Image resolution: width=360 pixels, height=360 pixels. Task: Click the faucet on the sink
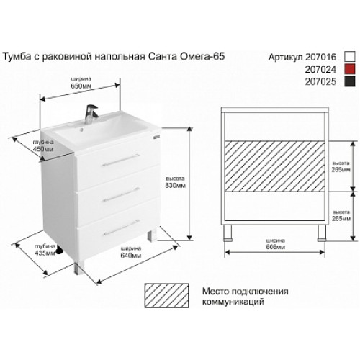pyautogui.click(x=91, y=114)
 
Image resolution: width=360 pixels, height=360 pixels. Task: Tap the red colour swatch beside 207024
pyautogui.click(x=349, y=70)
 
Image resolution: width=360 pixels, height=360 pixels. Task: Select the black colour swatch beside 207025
pyautogui.click(x=349, y=81)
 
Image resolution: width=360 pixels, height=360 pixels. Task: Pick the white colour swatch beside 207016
pyautogui.click(x=349, y=57)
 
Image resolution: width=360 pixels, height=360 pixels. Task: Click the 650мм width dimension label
pyautogui.click(x=81, y=86)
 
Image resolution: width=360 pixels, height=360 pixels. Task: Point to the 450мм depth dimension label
pyautogui.click(x=43, y=149)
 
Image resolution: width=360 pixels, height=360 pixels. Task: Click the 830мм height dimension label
pyautogui.click(x=175, y=186)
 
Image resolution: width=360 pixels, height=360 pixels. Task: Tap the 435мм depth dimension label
pyautogui.click(x=45, y=253)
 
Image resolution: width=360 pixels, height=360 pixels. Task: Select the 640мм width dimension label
pyautogui.click(x=131, y=256)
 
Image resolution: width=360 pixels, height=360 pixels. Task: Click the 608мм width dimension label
pyautogui.click(x=276, y=247)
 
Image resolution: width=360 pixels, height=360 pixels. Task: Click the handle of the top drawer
pyautogui.click(x=121, y=160)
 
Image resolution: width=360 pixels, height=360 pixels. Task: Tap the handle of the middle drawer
pyautogui.click(x=121, y=194)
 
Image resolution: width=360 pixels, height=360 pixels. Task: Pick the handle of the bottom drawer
pyautogui.click(x=121, y=227)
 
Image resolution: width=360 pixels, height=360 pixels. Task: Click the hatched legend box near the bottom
pyautogui.click(x=166, y=295)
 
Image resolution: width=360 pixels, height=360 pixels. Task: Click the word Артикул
pyautogui.click(x=286, y=58)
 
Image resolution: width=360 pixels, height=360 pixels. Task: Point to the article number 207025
pyautogui.click(x=320, y=82)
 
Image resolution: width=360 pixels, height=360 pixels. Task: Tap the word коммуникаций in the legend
pyautogui.click(x=233, y=302)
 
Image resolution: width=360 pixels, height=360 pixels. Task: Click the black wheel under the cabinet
pyautogui.click(x=59, y=251)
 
